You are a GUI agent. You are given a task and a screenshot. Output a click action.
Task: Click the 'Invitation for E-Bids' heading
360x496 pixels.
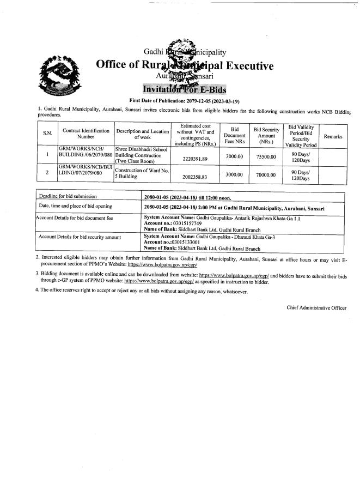tap(184, 89)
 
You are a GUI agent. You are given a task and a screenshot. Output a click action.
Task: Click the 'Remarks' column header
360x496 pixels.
tap(333, 136)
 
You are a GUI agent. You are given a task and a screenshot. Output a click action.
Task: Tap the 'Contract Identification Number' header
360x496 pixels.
tap(86, 135)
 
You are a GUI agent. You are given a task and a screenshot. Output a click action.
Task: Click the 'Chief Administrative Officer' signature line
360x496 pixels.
tap(316, 308)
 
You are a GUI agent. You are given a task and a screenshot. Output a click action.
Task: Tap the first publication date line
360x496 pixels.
tap(181, 101)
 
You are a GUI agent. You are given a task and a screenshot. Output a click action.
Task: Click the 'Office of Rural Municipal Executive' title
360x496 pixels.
tap(184, 66)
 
